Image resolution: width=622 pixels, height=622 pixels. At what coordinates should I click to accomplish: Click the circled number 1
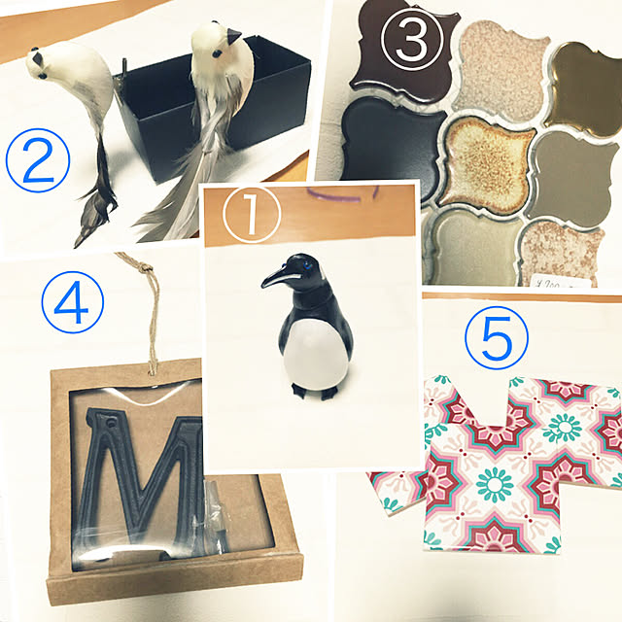[x=251, y=214]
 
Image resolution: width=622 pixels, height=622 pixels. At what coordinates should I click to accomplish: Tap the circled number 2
[x=38, y=160]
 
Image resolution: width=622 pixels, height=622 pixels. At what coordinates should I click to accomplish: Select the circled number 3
[x=411, y=40]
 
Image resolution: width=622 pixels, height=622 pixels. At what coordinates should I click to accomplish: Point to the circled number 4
[x=73, y=302]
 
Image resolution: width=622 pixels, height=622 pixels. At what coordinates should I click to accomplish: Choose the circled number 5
[x=497, y=338]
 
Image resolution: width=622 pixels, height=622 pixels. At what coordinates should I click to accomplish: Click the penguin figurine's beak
[x=275, y=278]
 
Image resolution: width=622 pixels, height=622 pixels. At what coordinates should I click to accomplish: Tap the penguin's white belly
[x=315, y=353]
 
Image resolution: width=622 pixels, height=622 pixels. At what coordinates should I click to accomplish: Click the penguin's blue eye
[x=306, y=265]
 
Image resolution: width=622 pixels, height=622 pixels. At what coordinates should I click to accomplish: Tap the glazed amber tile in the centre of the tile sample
[x=486, y=164]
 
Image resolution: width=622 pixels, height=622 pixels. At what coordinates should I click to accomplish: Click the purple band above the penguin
[x=342, y=194]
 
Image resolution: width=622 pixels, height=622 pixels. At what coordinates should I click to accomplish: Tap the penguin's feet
[x=314, y=392]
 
